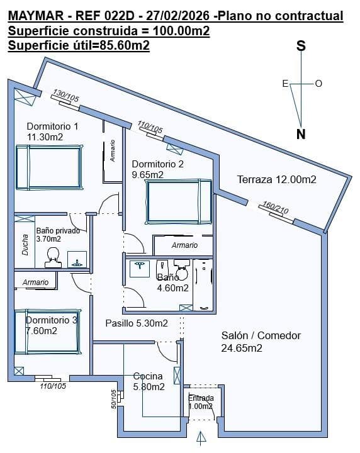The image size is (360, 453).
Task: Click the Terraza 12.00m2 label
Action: [x=277, y=179]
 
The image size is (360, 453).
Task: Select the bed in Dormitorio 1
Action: [x=49, y=167]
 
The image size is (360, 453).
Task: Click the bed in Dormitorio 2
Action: [x=179, y=202]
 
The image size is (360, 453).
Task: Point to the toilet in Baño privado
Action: [x=53, y=258]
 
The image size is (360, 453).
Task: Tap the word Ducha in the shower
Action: [x=25, y=245]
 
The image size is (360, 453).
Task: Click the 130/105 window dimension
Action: [x=66, y=96]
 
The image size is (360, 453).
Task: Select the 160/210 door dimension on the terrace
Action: [x=275, y=208]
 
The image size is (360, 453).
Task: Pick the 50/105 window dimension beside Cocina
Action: [x=114, y=400]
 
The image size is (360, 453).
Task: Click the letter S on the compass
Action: [x=301, y=46]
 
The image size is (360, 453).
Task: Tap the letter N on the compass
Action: [x=301, y=134]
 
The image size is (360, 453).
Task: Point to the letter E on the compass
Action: [x=285, y=84]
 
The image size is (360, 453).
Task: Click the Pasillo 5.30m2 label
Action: [x=137, y=323]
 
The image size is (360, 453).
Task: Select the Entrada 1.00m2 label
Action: [x=201, y=402]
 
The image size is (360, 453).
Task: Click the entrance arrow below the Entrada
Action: [x=201, y=438]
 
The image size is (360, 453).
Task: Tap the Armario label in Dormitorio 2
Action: [x=184, y=245]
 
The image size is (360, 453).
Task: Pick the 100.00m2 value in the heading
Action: [x=181, y=31]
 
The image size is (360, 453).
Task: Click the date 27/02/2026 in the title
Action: [x=177, y=16]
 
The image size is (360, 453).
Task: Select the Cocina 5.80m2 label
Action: [x=149, y=381]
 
